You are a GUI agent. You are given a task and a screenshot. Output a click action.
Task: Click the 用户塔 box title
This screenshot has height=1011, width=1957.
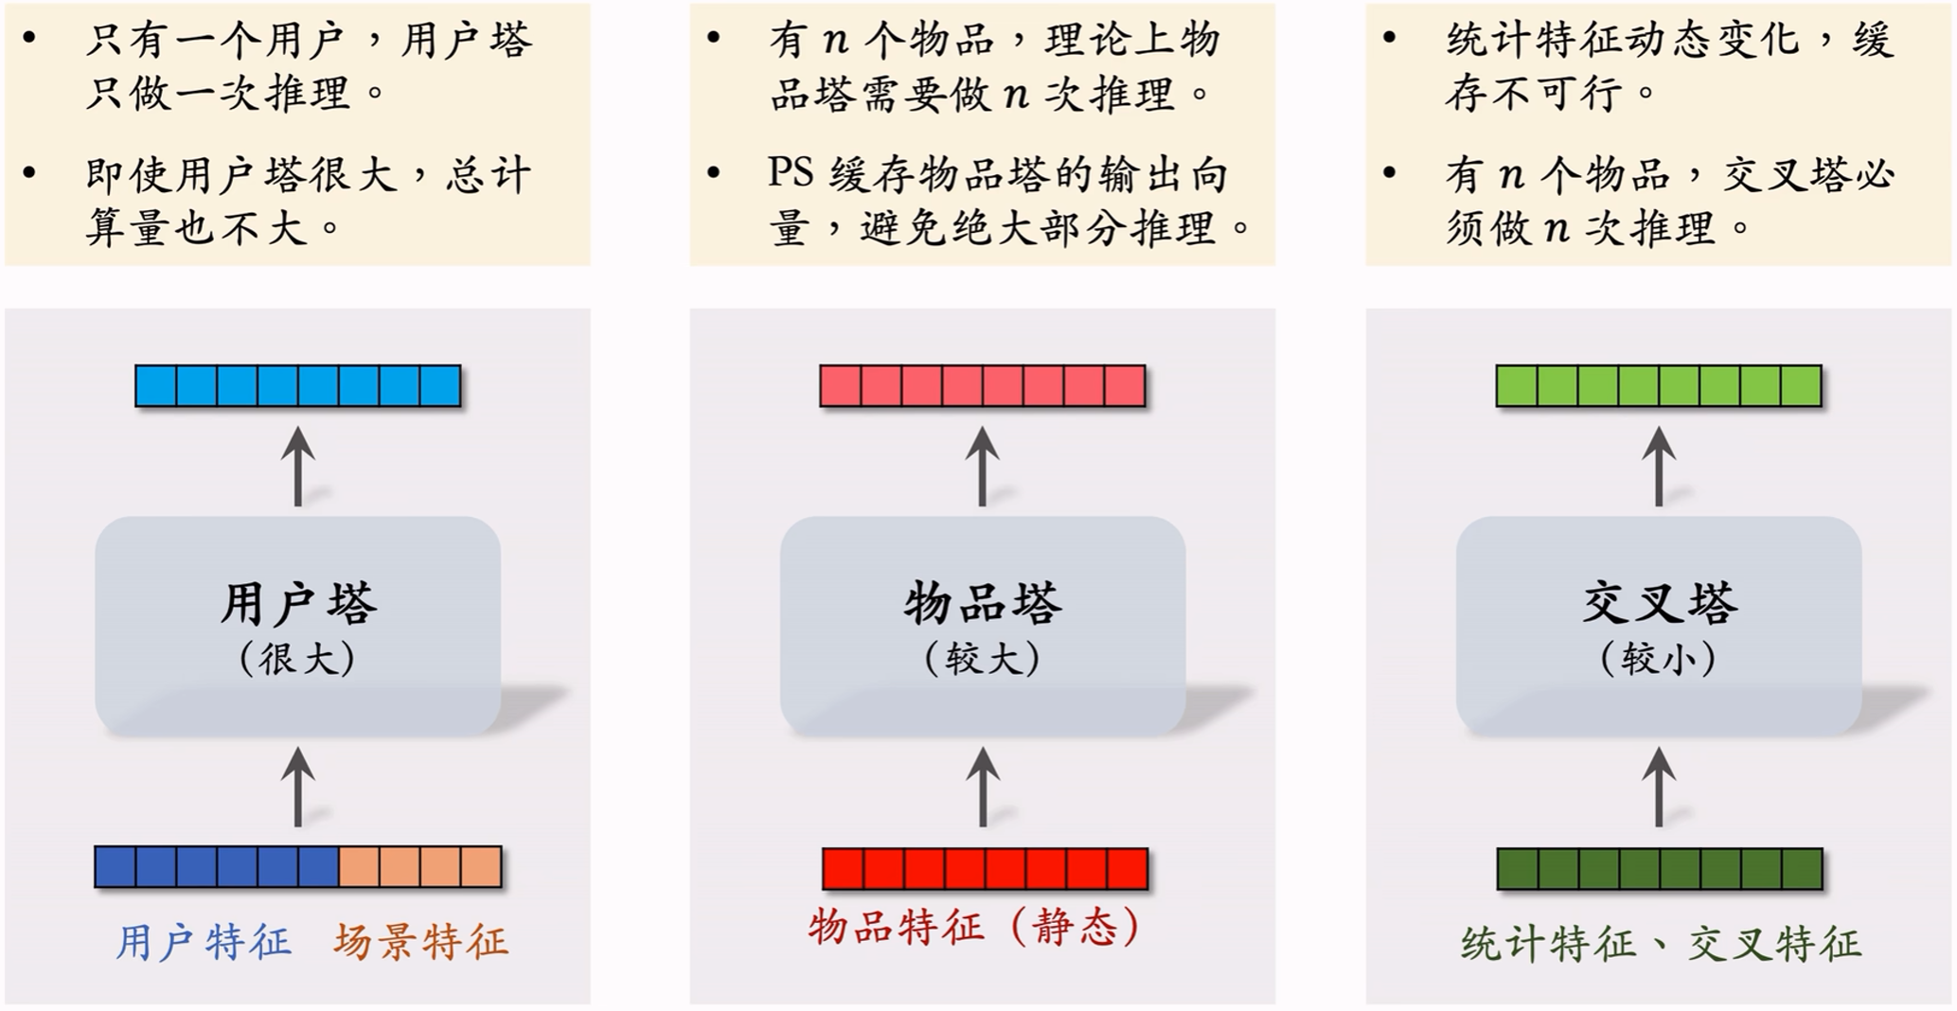click(298, 604)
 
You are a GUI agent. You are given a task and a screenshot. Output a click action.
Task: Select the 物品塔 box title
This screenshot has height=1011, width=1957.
click(983, 604)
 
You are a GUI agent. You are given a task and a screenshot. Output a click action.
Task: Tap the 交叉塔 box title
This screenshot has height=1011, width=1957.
click(1659, 604)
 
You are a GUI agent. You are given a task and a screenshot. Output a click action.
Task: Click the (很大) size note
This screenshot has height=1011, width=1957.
click(298, 659)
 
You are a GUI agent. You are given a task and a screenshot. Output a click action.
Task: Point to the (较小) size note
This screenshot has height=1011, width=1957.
click(1659, 659)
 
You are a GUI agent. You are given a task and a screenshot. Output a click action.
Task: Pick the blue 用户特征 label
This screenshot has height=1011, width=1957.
click(204, 943)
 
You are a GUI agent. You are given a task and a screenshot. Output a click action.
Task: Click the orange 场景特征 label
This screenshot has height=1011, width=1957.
click(421, 943)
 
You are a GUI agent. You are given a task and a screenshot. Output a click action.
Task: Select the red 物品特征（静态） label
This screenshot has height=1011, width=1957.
click(975, 927)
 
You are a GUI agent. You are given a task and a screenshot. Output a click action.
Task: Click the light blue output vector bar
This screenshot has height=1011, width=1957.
click(298, 386)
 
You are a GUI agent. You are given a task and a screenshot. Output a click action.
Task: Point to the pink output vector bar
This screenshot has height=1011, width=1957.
click(983, 386)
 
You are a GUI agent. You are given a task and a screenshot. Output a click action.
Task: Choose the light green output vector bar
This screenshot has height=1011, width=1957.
click(1659, 386)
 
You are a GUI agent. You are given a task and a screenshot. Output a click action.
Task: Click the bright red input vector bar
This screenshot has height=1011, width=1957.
click(985, 869)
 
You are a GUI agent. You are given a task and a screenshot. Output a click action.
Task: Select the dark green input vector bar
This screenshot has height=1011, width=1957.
click(1660, 869)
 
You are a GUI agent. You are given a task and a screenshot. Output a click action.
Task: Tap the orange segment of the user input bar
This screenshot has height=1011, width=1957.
click(420, 867)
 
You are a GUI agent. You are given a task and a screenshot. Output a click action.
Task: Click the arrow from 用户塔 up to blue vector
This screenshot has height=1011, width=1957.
click(298, 466)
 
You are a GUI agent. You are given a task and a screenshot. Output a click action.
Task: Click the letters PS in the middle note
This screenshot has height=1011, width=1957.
click(792, 173)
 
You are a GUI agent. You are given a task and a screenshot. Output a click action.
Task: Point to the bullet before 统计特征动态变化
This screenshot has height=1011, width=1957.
click(1389, 38)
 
